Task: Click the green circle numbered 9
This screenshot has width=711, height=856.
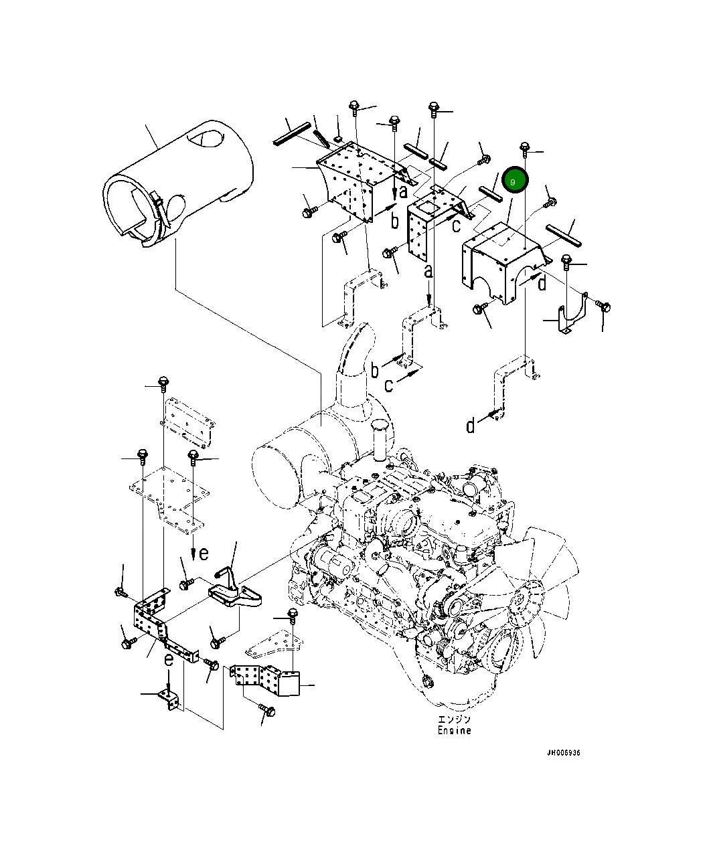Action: click(x=515, y=179)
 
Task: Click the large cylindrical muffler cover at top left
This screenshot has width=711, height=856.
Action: click(x=177, y=183)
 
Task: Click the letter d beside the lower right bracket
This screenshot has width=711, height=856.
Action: click(x=470, y=426)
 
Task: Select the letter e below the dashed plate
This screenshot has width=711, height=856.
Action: click(x=204, y=554)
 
